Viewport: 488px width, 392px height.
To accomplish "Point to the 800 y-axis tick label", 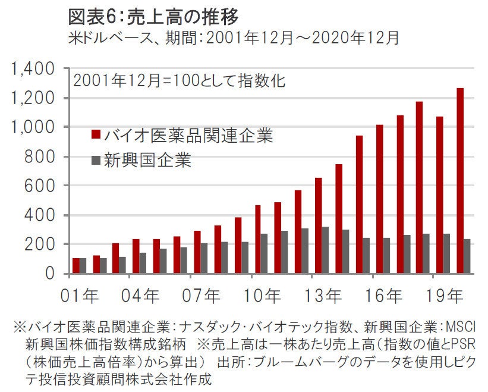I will point(43,156).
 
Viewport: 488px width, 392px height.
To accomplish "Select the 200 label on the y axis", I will point(43,244).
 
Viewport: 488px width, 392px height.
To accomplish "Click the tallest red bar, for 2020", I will point(460,181).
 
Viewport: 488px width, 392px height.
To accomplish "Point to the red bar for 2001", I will point(75,266).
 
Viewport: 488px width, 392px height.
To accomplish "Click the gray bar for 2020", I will point(467,256).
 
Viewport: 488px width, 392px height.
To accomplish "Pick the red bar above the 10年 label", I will point(258,239).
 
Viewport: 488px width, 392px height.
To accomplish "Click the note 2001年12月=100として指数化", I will point(179,81).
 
